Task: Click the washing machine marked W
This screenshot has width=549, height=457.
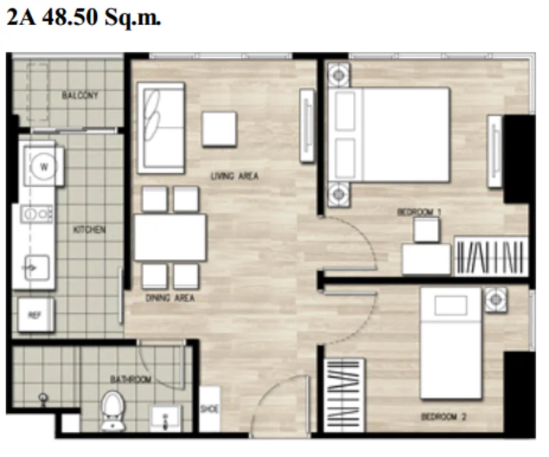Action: [x=43, y=166]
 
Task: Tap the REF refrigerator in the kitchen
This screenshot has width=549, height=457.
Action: [x=36, y=315]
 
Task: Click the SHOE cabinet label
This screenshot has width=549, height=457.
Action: [x=210, y=408]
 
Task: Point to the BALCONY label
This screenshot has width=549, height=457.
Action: [x=80, y=94]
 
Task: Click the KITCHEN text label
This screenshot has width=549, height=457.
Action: [x=89, y=229]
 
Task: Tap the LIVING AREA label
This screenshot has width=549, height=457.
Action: [x=235, y=176]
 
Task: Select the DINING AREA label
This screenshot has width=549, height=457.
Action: [x=170, y=298]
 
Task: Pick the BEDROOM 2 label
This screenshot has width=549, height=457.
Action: [x=444, y=417]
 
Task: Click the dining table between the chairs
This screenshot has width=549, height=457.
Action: [x=170, y=238]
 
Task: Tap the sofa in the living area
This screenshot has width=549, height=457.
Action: [x=161, y=128]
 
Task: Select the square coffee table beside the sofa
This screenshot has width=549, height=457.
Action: [x=219, y=129]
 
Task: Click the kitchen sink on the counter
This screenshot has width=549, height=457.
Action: [x=37, y=268]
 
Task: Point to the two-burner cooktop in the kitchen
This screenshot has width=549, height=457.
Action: [x=37, y=213]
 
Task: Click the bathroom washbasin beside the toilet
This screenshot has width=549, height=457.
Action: [x=165, y=418]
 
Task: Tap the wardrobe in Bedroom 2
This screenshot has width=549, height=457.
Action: [x=344, y=395]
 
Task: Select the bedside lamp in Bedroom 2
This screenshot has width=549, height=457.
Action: [x=496, y=299]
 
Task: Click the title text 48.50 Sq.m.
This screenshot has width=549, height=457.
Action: [x=101, y=17]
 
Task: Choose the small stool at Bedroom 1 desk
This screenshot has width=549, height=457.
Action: [x=426, y=230]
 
